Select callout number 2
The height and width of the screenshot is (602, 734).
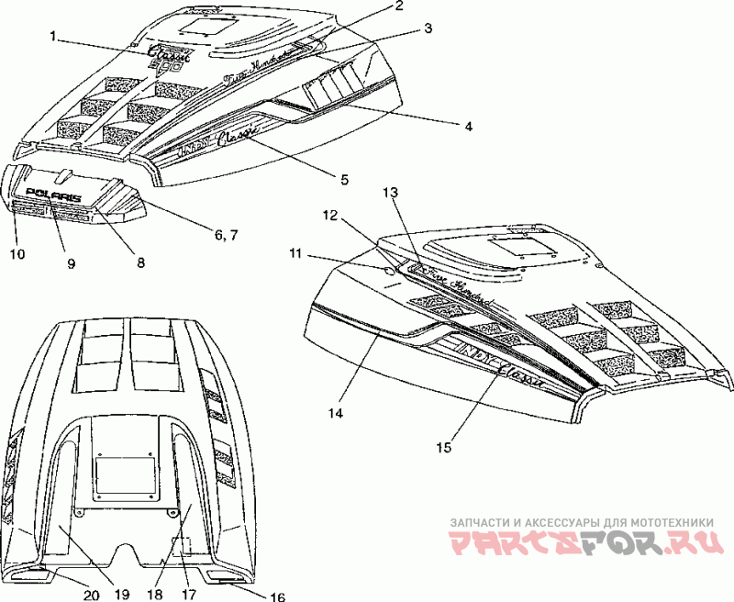coord(399,6)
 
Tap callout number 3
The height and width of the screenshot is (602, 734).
coord(428,28)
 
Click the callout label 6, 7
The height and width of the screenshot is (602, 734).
coord(229,235)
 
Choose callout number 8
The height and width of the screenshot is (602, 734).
coord(140,262)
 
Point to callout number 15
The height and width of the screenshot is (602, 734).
coord(444,447)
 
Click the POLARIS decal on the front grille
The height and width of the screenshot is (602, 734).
coord(53,195)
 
